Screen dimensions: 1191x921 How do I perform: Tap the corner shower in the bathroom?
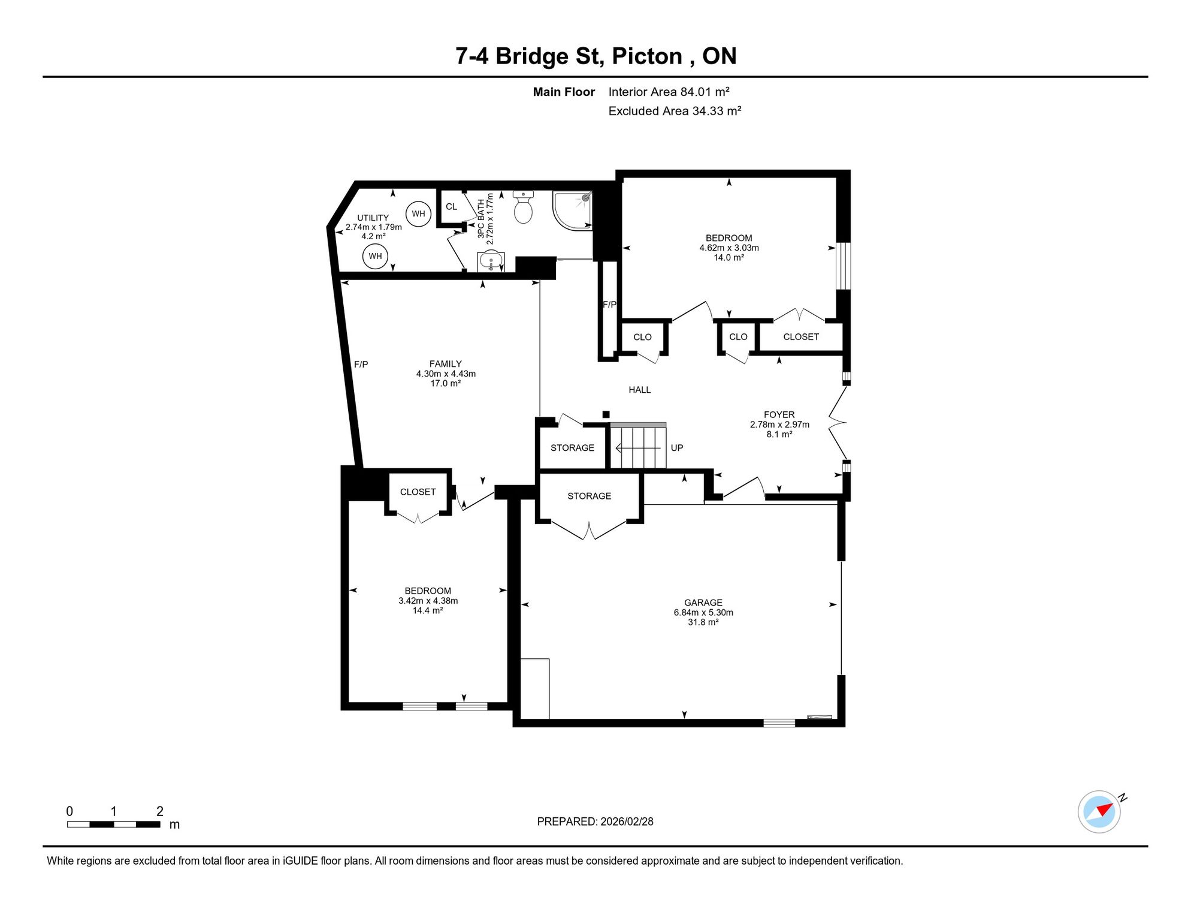(572, 210)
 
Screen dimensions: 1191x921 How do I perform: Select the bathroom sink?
(491, 261)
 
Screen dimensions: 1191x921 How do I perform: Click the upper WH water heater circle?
(418, 213)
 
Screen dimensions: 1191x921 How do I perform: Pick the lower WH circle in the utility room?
(375, 256)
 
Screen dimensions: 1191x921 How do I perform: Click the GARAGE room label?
(703, 603)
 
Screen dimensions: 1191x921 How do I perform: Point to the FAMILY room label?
(446, 364)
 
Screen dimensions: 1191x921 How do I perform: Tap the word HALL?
(640, 390)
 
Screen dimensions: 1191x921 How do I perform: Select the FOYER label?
(779, 415)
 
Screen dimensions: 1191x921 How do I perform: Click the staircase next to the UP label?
(638, 446)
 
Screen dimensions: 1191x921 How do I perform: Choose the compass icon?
(1099, 812)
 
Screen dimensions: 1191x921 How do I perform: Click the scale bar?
(114, 824)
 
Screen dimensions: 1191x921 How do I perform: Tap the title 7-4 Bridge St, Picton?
(569, 56)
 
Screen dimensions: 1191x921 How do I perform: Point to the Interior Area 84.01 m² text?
(669, 92)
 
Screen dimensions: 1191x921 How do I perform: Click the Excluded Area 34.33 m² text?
(675, 111)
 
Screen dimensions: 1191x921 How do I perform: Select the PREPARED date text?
(595, 821)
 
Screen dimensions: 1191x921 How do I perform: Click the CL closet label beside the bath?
(451, 207)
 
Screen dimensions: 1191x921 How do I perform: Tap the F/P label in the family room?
(361, 365)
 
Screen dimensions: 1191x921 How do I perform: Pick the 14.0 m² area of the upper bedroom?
(729, 258)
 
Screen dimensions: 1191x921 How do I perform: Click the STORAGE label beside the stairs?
(573, 448)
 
